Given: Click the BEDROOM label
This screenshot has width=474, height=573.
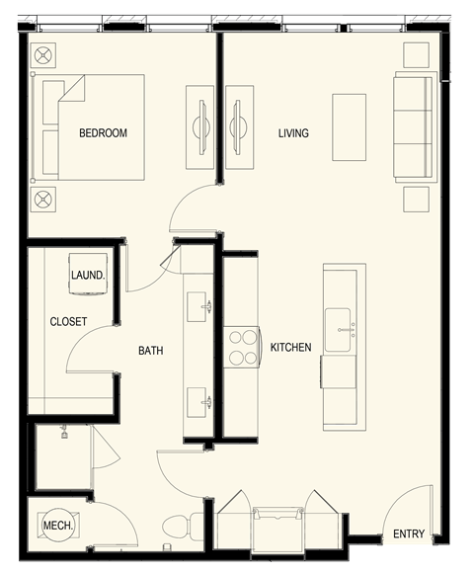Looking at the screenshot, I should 104,133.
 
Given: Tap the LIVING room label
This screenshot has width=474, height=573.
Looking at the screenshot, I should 293,133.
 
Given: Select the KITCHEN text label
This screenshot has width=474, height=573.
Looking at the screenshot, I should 290,348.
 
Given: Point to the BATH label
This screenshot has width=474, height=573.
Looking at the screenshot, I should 150,351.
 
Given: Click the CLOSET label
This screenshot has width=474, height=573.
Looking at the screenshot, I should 68,322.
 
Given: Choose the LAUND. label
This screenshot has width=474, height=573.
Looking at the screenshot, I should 88,276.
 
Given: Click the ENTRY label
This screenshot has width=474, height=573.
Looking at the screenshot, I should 409,534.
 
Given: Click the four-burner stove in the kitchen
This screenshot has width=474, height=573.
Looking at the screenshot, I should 242,348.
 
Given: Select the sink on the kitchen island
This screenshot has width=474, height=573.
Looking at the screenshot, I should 344,322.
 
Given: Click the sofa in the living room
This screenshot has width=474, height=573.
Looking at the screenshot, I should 414,126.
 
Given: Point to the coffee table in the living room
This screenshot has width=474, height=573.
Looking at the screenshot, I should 349,126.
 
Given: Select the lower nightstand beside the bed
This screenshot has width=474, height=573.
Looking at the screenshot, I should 45,201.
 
